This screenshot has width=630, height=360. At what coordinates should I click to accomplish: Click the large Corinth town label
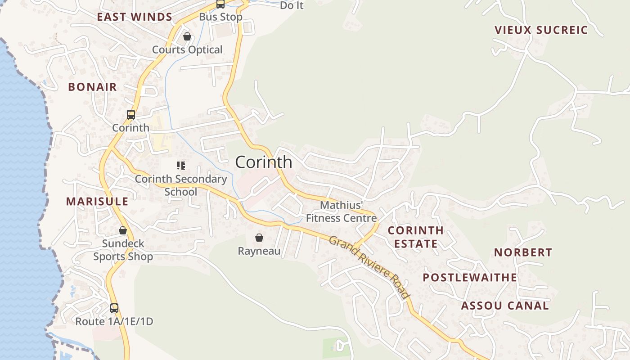[x=264, y=162]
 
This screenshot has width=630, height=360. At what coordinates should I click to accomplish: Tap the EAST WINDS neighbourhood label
[x=135, y=17]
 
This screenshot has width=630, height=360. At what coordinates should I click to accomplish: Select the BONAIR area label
[x=92, y=87]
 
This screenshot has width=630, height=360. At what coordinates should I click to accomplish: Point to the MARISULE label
[x=97, y=201]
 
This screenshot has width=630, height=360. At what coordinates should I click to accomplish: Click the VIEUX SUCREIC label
[x=541, y=30]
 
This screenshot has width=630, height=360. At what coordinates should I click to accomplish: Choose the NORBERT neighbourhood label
[x=523, y=252]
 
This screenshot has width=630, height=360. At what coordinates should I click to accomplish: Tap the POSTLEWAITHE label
[x=470, y=277]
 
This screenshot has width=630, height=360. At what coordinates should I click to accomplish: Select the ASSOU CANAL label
[x=505, y=306]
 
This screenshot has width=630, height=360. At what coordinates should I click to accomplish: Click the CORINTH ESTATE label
[x=415, y=237]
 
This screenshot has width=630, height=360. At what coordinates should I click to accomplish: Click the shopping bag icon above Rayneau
[x=259, y=237]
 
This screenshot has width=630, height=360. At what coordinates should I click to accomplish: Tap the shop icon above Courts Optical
[x=187, y=36]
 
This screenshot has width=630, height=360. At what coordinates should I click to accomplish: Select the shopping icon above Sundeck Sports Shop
[x=123, y=230]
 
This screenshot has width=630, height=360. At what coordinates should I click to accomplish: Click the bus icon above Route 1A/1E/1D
[x=114, y=308]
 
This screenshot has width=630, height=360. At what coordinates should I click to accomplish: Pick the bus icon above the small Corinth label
[x=130, y=115]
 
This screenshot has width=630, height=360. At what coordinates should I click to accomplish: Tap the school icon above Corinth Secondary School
[x=181, y=166]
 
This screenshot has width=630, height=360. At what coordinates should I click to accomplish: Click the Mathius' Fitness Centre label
[x=342, y=211]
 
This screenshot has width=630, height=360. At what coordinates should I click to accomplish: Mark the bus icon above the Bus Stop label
[x=220, y=4]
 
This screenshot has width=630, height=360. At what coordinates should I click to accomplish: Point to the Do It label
[x=292, y=5]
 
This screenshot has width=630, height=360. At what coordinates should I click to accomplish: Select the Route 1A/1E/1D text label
[x=114, y=321]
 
